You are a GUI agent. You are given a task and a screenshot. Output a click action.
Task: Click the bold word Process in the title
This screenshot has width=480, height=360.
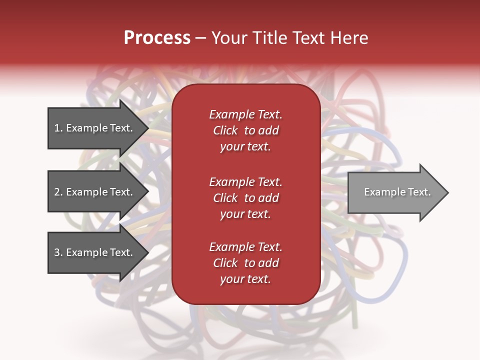coord(157,38)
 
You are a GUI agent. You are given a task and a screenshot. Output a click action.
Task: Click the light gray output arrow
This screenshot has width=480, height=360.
coord(395,192)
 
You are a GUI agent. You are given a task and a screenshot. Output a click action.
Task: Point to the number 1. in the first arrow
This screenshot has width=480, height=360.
coord(58,128)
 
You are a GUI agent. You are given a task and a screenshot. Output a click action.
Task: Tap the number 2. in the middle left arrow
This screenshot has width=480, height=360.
coord(58,192)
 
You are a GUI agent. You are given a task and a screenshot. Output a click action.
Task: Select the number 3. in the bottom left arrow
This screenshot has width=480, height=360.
coord(58,252)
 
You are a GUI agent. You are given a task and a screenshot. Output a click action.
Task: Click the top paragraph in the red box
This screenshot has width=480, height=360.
coord(245,130)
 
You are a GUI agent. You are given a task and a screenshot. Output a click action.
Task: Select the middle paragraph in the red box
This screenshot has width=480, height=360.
coord(245,198)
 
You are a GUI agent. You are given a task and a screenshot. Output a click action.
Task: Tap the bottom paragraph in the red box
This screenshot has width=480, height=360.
coord(245,263)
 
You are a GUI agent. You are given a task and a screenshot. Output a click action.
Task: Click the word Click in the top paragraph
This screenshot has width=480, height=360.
coord(225,130)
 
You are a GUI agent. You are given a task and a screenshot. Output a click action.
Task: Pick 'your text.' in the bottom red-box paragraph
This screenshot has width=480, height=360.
coord(245,279)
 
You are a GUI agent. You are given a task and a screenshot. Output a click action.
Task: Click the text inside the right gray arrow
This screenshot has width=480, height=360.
coord(397,192)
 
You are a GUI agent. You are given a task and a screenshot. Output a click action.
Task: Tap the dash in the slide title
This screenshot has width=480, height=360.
coord(201,38)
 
